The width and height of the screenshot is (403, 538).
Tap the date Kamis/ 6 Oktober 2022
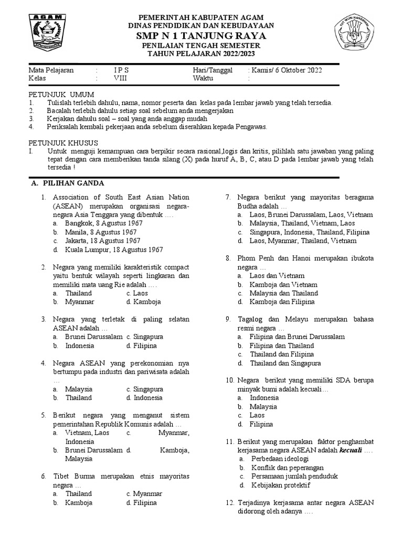tap(287, 70)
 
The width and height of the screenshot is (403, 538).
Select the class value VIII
tap(120, 78)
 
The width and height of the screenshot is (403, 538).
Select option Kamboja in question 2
tap(146, 302)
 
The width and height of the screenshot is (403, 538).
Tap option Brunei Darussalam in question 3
tap(94, 337)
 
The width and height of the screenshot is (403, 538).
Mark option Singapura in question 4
tap(148, 389)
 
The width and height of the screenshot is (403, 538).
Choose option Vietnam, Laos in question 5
tap(87, 433)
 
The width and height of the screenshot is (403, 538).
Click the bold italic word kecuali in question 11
tap(351, 450)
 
